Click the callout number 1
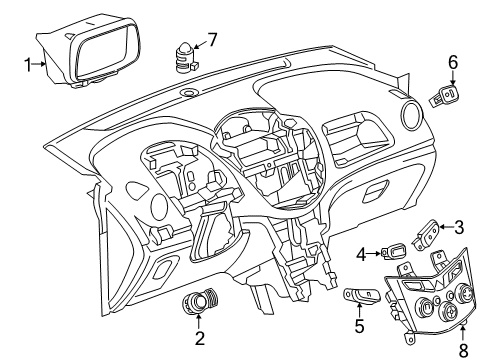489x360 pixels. (27, 64)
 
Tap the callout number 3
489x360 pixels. (459, 227)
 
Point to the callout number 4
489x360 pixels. (362, 254)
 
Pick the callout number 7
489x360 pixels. (211, 41)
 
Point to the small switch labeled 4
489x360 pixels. (395, 252)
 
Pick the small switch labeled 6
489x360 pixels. (444, 99)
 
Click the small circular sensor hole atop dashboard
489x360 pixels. (189, 93)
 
